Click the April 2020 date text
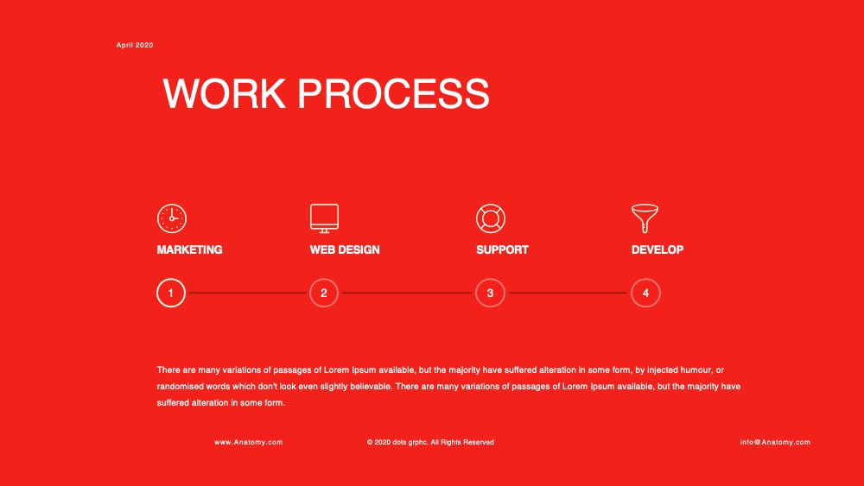tap(135, 45)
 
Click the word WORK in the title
tap(225, 93)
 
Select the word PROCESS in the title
tap(393, 93)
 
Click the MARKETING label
tap(189, 249)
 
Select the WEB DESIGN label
tap(345, 249)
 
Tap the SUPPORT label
tap(502, 249)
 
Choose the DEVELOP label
tap(658, 249)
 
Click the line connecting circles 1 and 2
tap(247, 293)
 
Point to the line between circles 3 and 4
tap(569, 293)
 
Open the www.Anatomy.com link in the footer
tap(249, 442)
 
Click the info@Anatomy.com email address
tap(775, 442)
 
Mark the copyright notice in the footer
tap(430, 442)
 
